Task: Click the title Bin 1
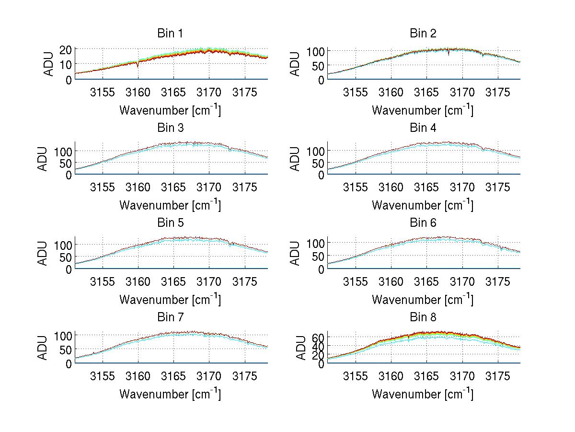[x=170, y=34]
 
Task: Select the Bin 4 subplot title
[x=423, y=128]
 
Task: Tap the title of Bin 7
[x=170, y=317]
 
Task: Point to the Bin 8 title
[x=423, y=317]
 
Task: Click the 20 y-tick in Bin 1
[x=66, y=49]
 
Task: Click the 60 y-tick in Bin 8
[x=319, y=338]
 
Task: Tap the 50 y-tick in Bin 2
[x=319, y=65]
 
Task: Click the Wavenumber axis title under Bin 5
[x=170, y=300]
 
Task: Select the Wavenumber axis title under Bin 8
[x=423, y=394]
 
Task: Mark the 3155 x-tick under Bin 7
[x=103, y=376]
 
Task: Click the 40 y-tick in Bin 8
[x=319, y=346]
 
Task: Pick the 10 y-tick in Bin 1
[x=66, y=65]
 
